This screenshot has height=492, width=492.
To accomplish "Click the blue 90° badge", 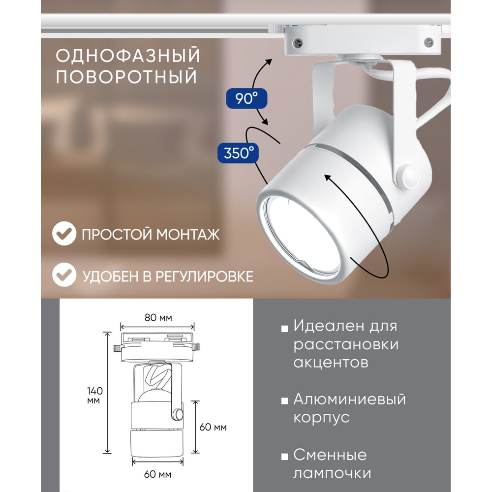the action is [x=246, y=98].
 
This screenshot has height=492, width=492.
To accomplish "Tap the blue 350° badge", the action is [x=238, y=153].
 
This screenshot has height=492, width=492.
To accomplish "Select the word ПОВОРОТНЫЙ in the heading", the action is [x=126, y=76].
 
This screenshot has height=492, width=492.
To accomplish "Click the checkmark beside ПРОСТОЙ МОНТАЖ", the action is [x=64, y=233].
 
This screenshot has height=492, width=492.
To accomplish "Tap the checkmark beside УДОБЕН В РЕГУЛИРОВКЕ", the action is [x=64, y=275].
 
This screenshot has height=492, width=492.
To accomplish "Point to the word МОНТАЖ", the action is [x=188, y=234].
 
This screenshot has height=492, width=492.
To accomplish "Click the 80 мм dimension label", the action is [x=158, y=318].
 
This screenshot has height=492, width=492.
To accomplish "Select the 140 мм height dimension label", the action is [x=94, y=396].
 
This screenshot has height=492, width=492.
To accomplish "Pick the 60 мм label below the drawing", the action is [x=157, y=474].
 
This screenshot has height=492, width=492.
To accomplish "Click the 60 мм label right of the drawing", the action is [x=213, y=427].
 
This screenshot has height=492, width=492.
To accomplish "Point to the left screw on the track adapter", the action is [x=298, y=43].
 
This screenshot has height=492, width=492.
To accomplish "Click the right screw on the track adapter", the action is [x=429, y=42].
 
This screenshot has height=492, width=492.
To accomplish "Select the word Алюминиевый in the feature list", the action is [x=349, y=400].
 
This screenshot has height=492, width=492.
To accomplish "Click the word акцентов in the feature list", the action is [x=331, y=363].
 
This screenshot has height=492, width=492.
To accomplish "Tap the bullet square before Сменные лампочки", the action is [x=284, y=457].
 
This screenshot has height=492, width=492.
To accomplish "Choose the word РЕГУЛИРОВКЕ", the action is [x=204, y=277].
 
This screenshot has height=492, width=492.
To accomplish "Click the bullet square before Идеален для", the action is [x=284, y=329].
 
